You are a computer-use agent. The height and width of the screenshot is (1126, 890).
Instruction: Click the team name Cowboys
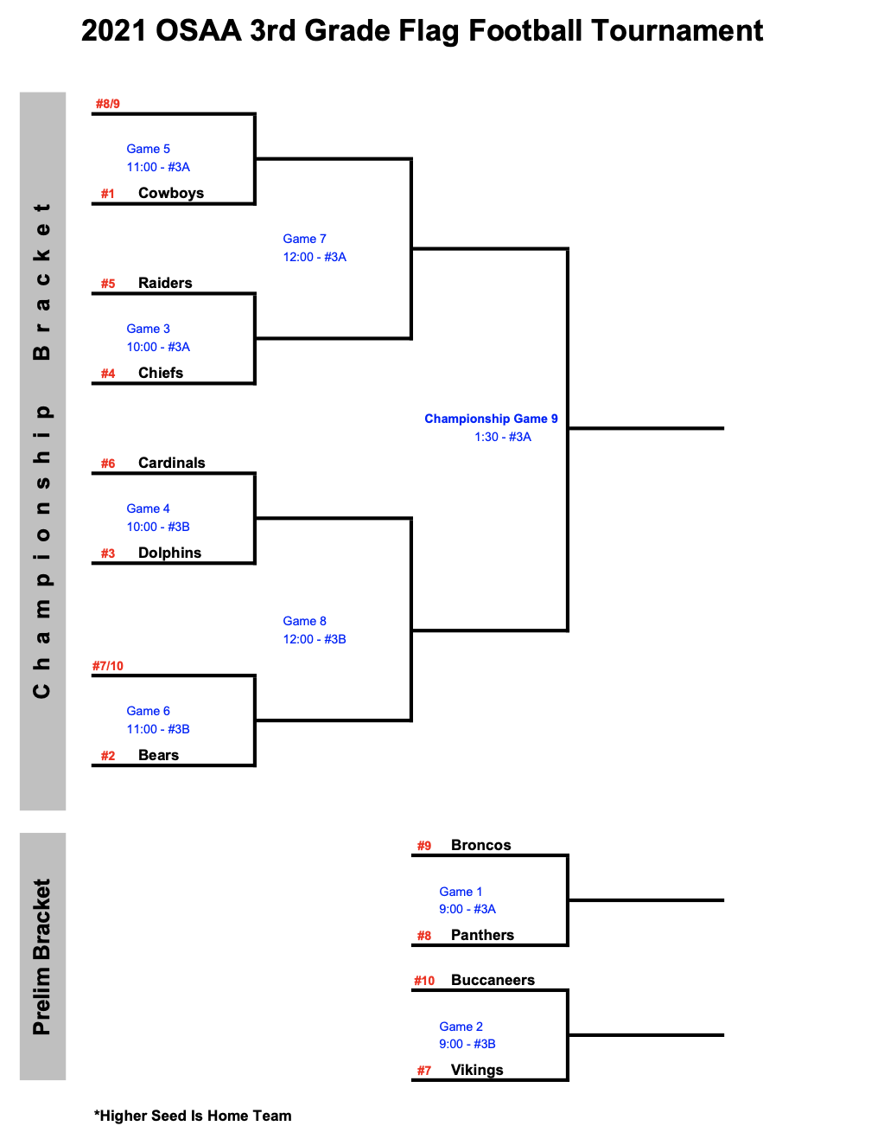coord(171,193)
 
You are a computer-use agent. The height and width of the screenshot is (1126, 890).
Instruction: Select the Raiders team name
coord(165,283)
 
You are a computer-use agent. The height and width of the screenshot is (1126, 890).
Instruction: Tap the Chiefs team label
coord(161,373)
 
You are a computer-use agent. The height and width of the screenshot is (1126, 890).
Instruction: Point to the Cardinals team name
coord(171,463)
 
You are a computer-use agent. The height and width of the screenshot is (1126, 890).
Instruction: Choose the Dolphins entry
coord(169,553)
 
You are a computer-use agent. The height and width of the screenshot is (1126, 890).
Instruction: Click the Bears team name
coord(158,755)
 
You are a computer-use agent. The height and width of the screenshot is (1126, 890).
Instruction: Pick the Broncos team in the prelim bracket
coord(481,845)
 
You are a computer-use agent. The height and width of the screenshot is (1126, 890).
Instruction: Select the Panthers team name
coord(483,935)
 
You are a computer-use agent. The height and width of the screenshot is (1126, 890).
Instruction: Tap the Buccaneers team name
coord(493,980)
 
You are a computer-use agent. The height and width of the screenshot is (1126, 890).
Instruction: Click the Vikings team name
coord(477,1070)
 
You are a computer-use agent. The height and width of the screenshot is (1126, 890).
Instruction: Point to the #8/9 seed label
coord(108,104)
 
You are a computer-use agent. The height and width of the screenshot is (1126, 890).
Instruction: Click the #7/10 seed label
coord(108,666)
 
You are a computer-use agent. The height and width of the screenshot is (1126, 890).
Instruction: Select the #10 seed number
coord(424,981)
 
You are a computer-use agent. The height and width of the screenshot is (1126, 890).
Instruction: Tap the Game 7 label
coord(304,239)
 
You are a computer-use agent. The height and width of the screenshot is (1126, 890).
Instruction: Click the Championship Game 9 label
coord(491,419)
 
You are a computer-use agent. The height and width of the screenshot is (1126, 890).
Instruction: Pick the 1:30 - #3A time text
coord(503,437)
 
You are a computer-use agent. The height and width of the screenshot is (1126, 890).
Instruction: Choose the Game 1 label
coord(461,892)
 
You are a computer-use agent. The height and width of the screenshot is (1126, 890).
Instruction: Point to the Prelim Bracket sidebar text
coord(41,957)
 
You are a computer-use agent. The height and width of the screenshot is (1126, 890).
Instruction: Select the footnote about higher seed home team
coord(193,1116)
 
